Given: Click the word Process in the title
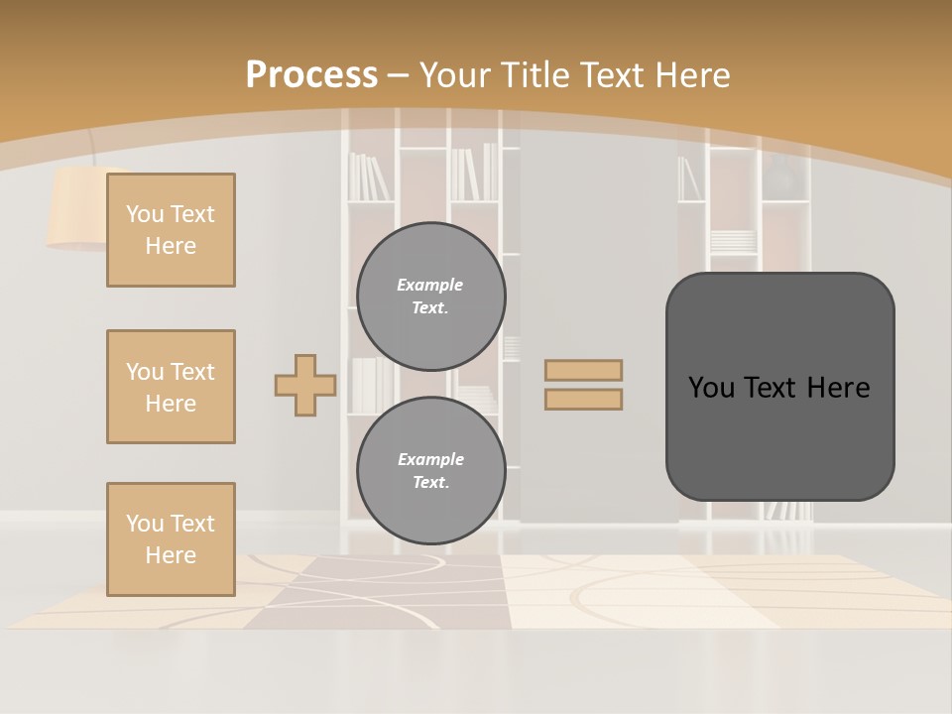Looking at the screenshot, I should (311, 74).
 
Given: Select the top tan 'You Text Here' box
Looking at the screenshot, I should (171, 230).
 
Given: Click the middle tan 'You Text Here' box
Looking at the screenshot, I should (171, 387).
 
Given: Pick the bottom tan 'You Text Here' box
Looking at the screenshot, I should (171, 539).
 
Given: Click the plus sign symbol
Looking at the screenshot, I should (305, 385).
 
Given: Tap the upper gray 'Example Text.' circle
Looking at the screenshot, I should (431, 297).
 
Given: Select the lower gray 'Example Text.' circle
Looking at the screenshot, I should (431, 471).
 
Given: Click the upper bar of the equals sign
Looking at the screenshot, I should (583, 370).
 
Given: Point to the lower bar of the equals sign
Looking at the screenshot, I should (583, 399).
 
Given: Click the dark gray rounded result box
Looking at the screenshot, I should (779, 436).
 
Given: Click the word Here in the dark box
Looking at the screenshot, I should (838, 387).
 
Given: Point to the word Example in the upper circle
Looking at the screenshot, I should (430, 285).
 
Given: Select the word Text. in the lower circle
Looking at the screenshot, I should (430, 483).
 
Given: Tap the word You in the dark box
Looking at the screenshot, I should (711, 387).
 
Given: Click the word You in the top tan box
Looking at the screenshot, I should (145, 214).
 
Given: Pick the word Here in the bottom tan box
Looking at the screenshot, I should (171, 555).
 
